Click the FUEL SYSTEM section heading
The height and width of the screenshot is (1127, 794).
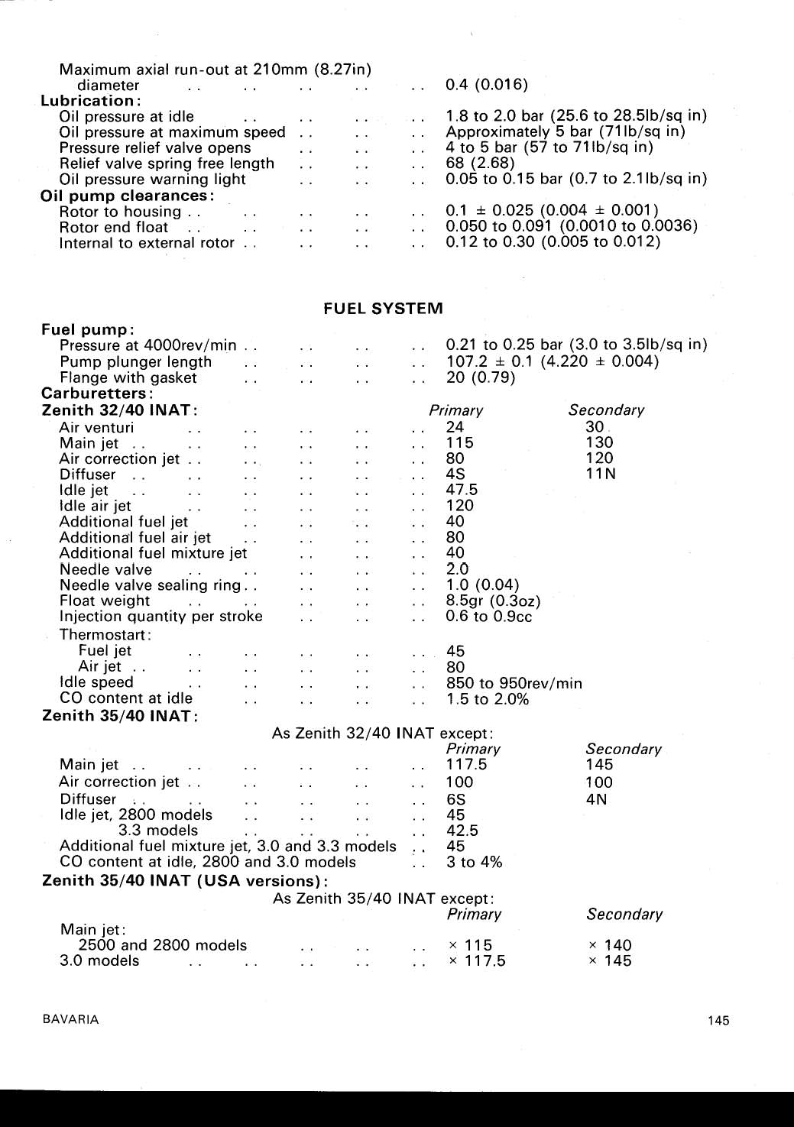(383, 309)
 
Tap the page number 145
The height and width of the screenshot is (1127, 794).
(718, 1020)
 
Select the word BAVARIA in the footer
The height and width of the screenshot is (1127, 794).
(70, 1019)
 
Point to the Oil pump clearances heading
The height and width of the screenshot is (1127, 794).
(128, 196)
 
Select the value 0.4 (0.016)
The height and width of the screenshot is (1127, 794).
(486, 85)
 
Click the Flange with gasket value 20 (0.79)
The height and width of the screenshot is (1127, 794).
(480, 377)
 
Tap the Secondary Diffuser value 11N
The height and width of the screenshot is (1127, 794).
(600, 474)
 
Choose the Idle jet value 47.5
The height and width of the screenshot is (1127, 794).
(462, 490)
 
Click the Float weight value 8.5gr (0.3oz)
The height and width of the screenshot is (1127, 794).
(493, 601)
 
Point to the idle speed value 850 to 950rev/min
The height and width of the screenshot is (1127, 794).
(514, 683)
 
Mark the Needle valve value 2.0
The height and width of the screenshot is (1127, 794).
(457, 569)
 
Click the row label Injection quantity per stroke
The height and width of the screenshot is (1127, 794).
(160, 617)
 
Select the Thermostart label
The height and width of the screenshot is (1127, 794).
(105, 635)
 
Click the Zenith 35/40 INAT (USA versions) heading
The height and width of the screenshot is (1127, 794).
(185, 880)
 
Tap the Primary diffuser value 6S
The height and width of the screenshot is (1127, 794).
(455, 799)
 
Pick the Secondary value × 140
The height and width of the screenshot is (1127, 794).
(610, 945)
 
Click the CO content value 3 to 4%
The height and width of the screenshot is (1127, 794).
(474, 862)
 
